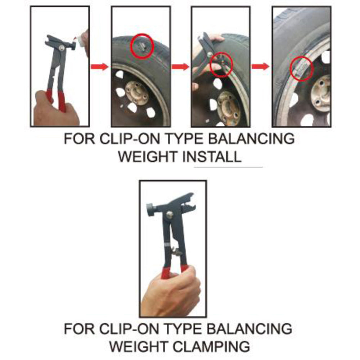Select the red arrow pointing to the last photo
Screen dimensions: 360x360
point(260,66)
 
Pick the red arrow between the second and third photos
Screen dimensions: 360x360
point(180,67)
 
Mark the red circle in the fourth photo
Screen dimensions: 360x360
point(301,68)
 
